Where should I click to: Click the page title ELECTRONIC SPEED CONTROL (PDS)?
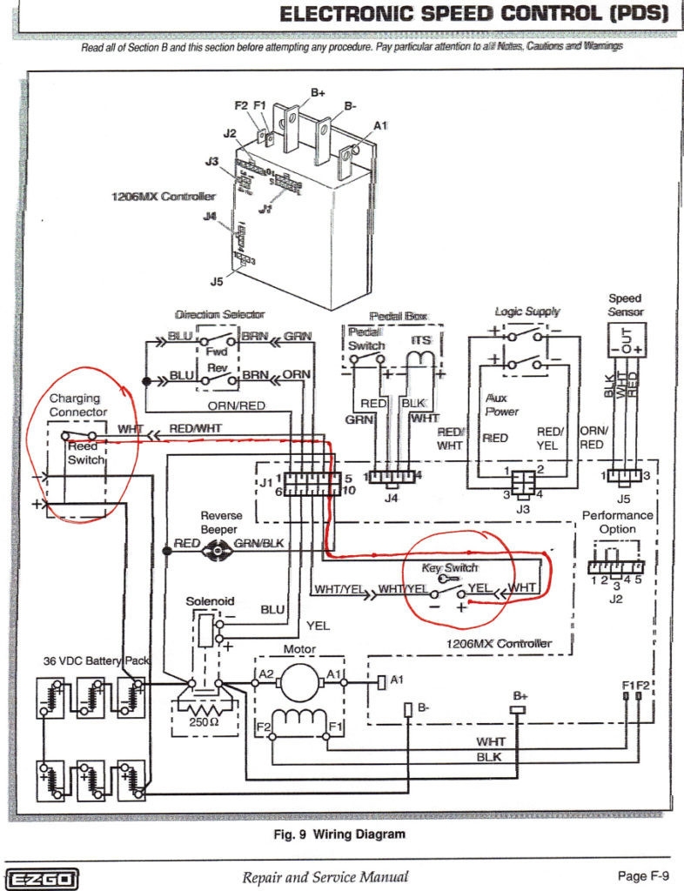[x=474, y=14]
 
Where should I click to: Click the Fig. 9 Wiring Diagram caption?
[x=339, y=834]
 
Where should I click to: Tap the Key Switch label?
[x=451, y=567]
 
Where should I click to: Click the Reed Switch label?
[x=84, y=452]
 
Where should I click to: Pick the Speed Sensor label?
[x=625, y=305]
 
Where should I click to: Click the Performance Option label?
[x=617, y=522]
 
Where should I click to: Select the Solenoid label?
[x=210, y=601]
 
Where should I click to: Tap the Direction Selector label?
[x=219, y=314]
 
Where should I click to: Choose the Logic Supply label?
[x=527, y=312]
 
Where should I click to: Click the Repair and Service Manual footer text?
[x=325, y=877]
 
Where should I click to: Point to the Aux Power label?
[x=502, y=404]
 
